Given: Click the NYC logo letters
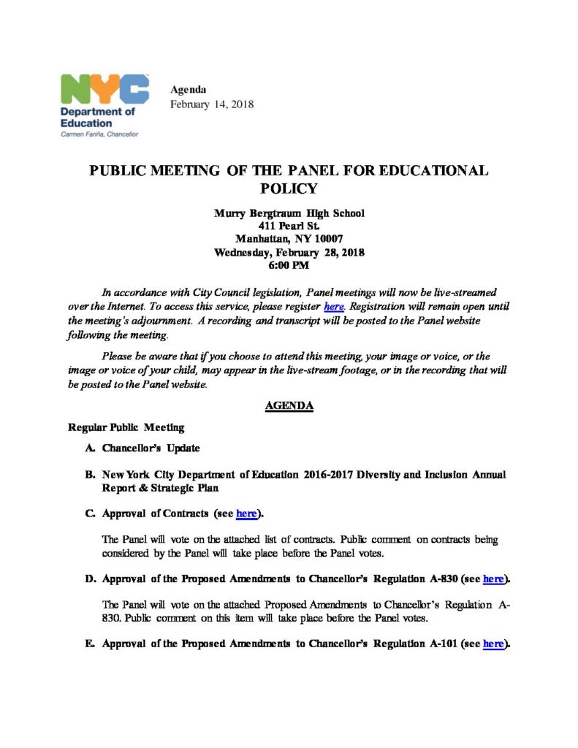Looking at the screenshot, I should [105, 90].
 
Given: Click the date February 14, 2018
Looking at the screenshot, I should [212, 104].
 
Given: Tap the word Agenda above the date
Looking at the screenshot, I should [188, 90].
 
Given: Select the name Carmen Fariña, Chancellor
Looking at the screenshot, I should [99, 134].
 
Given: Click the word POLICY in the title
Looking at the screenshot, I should [289, 188].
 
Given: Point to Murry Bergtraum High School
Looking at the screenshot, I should [289, 213].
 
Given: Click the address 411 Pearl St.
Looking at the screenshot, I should [289, 226].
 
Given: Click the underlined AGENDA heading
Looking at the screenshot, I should [289, 406].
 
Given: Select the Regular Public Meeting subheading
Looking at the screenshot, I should [126, 427].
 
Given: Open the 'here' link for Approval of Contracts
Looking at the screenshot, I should [246, 514].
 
